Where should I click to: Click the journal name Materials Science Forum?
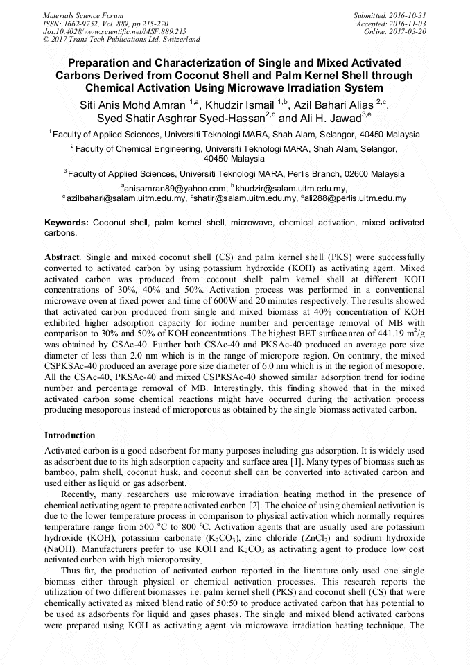83,15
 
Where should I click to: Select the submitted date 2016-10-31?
408,15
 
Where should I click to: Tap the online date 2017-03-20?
408,32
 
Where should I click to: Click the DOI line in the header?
115,32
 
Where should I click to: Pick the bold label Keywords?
67,223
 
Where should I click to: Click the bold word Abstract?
62,257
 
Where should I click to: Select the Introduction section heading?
70,435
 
